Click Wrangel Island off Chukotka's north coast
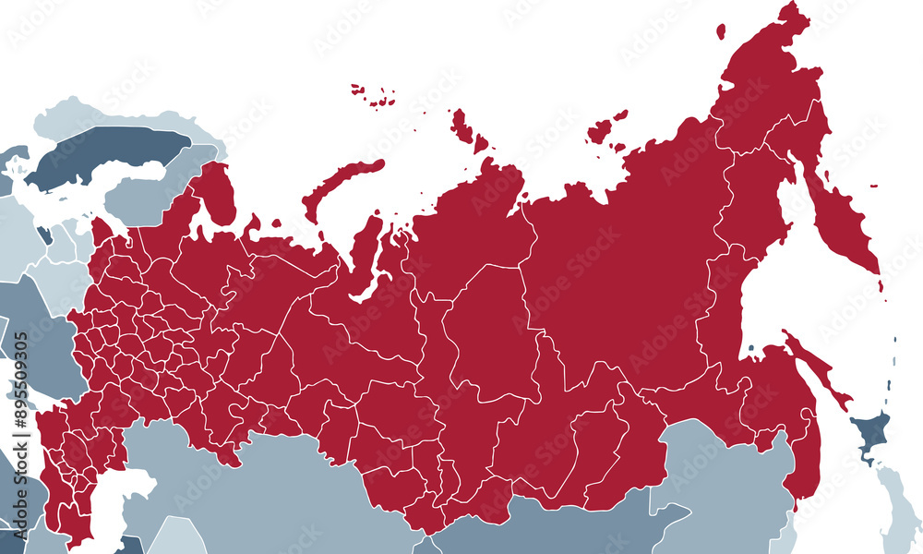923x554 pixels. coord(722,30)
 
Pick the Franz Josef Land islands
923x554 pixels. coord(374,94)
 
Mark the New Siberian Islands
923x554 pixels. coord(605,129)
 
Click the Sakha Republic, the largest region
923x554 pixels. coord(628,277)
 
